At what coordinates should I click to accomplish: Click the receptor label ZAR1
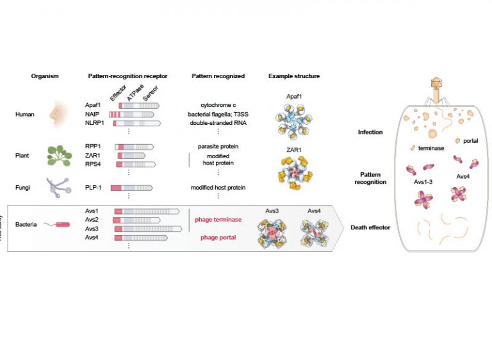[92, 155]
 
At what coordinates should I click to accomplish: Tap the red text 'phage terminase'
[218, 220]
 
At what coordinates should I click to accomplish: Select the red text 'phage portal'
[218, 238]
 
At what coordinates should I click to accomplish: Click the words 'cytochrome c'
[218, 104]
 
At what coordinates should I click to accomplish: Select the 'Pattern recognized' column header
[218, 76]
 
